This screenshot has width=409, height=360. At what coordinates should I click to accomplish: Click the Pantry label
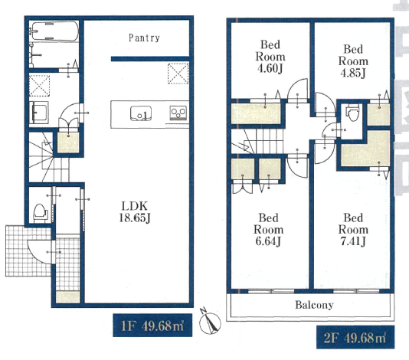click(144, 38)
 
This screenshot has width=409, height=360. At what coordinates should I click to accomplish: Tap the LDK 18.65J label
click(135, 212)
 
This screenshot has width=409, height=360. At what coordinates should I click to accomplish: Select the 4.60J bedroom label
click(270, 57)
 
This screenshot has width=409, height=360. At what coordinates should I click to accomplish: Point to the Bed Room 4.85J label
click(353, 61)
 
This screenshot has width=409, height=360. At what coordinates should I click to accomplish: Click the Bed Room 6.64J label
click(268, 230)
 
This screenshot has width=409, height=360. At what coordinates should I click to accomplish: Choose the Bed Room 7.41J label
click(353, 230)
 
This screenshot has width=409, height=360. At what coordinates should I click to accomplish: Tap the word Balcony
click(314, 305)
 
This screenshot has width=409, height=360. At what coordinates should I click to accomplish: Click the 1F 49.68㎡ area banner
click(152, 326)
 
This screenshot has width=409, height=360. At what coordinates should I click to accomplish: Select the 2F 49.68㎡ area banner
click(355, 337)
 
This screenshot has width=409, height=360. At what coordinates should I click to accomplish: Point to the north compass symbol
click(210, 322)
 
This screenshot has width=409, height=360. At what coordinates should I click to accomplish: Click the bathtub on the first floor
click(54, 31)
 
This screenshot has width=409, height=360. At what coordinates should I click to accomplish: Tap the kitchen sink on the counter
click(141, 113)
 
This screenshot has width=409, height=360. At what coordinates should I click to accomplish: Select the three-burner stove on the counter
click(178, 113)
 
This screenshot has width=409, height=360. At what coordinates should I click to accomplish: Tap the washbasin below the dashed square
click(39, 113)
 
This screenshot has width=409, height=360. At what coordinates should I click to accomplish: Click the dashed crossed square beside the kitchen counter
click(178, 74)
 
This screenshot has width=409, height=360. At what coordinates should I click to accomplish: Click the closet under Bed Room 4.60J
click(256, 113)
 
